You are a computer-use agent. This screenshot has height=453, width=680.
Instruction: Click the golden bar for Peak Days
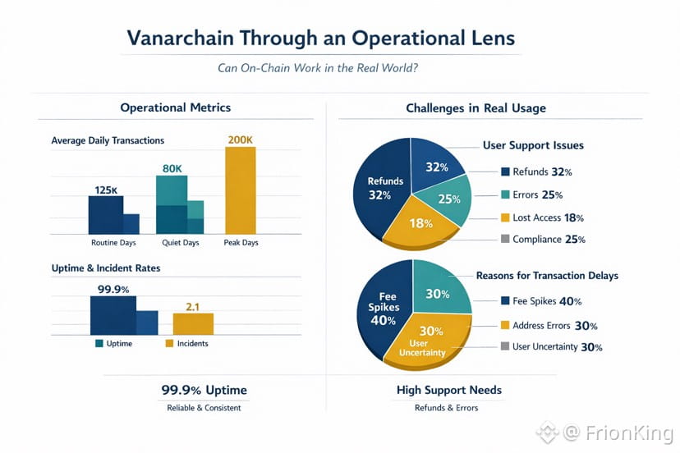[x=240, y=190]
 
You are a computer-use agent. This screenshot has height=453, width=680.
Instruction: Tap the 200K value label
[x=240, y=140]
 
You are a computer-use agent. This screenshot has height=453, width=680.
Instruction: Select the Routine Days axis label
[x=113, y=243]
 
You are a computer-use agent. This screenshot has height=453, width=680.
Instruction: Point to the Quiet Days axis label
[x=178, y=243]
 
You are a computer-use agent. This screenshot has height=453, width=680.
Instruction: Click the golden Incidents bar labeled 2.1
[x=193, y=324]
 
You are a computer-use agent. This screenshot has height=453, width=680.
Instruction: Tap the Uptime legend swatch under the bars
[x=99, y=344]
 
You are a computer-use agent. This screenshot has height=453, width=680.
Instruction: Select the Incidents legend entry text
[x=192, y=344]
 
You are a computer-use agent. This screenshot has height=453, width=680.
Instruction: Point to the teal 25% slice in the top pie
[x=448, y=199]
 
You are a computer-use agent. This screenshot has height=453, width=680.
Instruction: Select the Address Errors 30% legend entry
[x=548, y=325]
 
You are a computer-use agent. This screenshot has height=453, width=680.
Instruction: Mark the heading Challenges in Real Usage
[x=476, y=108]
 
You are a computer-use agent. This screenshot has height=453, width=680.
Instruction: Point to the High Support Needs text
[x=448, y=390]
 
